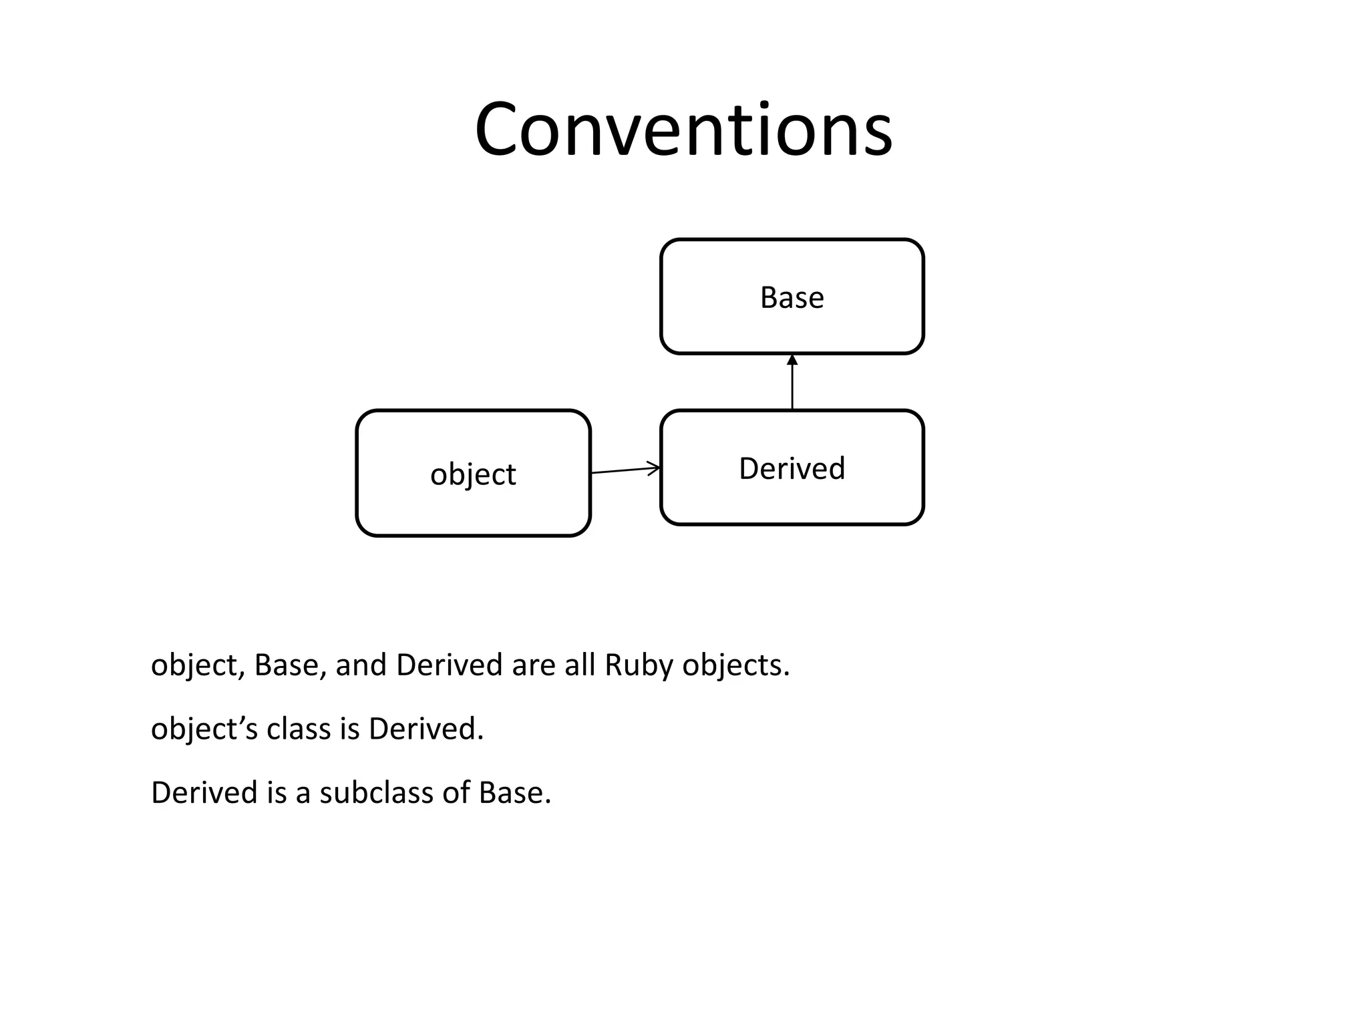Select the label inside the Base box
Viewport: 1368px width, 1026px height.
[792, 297]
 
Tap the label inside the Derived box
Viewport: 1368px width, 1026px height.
[792, 468]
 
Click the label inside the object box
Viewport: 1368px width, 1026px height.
[473, 474]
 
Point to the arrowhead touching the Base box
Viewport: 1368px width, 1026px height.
[792, 360]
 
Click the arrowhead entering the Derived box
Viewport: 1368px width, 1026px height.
[654, 468]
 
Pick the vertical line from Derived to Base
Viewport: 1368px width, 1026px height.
[792, 387]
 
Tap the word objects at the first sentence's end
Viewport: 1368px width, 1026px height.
[735, 665]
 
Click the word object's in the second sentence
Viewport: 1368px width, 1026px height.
[204, 729]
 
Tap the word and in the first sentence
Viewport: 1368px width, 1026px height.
[361, 665]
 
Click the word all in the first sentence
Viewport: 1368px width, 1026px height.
[580, 665]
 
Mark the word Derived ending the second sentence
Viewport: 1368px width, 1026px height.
[425, 729]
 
